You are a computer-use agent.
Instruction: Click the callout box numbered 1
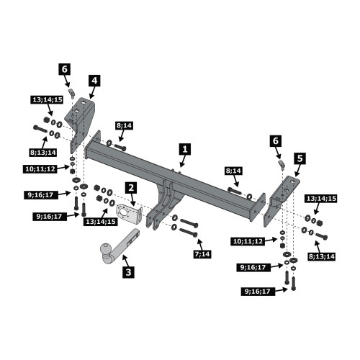[185, 149]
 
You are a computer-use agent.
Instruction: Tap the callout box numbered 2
[131, 188]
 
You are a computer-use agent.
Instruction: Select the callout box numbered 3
[128, 272]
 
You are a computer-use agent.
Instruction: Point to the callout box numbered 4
[94, 81]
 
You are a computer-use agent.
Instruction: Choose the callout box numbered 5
[300, 158]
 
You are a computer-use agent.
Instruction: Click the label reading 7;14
[202, 254]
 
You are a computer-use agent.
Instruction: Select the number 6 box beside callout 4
[65, 69]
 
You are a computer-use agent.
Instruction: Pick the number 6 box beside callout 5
[276, 141]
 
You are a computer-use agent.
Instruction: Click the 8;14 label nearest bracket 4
[125, 125]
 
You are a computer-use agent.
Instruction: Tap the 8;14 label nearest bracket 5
[233, 171]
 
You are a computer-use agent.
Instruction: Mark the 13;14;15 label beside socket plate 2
[101, 222]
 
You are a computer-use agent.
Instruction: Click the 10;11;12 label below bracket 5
[248, 241]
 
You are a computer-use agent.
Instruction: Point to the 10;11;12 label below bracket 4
[40, 169]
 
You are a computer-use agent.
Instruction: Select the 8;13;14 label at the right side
[321, 256]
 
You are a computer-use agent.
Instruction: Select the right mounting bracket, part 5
[281, 200]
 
